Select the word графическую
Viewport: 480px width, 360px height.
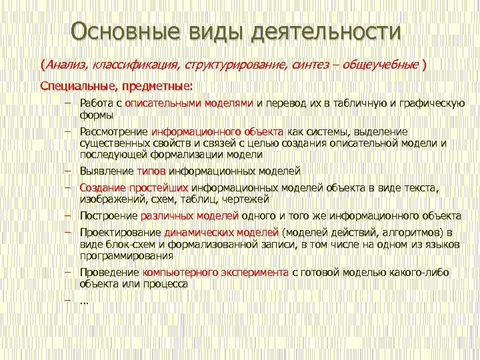point(433,103)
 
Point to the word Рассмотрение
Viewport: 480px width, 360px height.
point(113,132)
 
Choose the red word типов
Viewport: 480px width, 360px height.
point(151,171)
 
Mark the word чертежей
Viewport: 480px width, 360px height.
point(245,199)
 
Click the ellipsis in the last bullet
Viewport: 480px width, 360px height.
point(84,301)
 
